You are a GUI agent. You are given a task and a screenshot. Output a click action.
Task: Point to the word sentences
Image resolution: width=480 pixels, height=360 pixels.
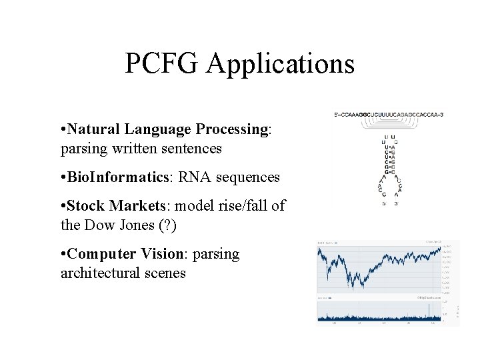click(190, 148)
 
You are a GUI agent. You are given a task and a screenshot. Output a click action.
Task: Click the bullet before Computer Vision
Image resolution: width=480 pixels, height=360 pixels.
click(63, 254)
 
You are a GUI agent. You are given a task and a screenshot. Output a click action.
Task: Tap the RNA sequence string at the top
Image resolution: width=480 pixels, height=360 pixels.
click(389, 115)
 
